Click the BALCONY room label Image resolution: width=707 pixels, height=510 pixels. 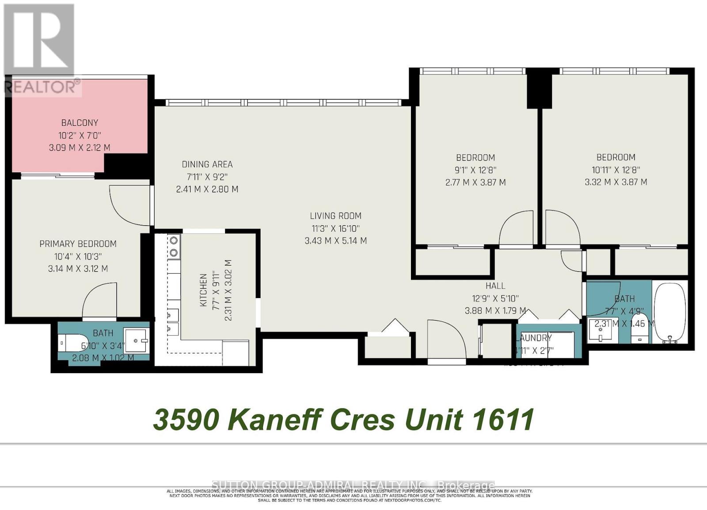click(80, 123)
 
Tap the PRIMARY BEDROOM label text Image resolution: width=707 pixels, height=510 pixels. click(78, 244)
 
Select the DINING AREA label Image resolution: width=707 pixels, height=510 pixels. click(207, 164)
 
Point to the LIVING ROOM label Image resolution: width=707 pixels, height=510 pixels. click(335, 216)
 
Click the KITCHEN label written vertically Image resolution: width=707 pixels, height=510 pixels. click(203, 290)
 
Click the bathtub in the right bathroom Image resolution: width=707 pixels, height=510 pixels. click(670, 313)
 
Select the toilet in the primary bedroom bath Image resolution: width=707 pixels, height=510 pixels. click(70, 342)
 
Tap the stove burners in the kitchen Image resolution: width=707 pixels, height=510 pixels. click(174, 246)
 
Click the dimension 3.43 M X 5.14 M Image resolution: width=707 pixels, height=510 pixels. click(335, 241)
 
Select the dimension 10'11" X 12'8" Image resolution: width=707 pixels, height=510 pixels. click(616, 170)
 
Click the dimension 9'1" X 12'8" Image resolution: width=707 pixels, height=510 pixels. click(475, 170)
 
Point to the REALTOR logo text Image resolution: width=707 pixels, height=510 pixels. click(43, 87)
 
